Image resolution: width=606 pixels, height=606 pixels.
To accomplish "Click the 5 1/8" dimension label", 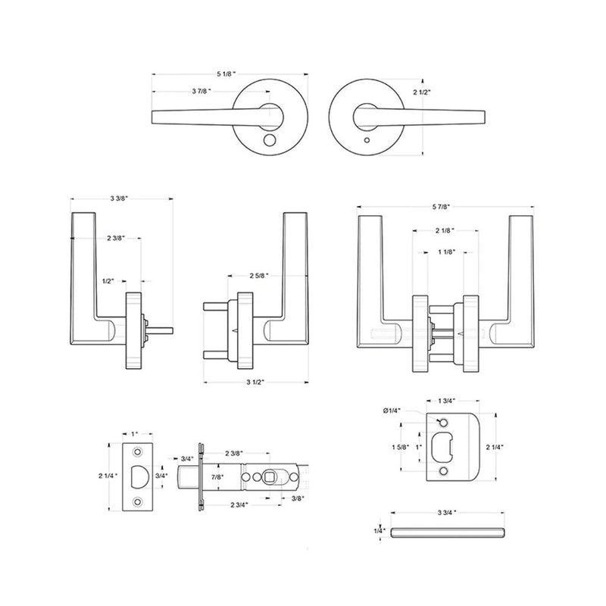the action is pyautogui.click(x=226, y=73).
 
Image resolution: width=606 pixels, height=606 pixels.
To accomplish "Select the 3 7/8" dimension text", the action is pyautogui.click(x=201, y=91).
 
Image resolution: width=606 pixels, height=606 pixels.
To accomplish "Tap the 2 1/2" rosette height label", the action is pyautogui.click(x=422, y=92).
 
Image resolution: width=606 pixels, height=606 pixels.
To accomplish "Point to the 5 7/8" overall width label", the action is pyautogui.click(x=442, y=207).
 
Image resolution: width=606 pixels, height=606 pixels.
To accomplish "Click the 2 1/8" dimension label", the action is pyautogui.click(x=445, y=231).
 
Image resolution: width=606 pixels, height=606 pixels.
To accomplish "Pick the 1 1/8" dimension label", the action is pyautogui.click(x=447, y=252).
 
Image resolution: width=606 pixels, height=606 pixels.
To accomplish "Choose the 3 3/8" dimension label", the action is pyautogui.click(x=119, y=198).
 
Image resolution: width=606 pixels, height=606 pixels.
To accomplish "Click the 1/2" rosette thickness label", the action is pyautogui.click(x=108, y=281).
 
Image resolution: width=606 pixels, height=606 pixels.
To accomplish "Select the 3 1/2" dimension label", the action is pyautogui.click(x=255, y=383).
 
